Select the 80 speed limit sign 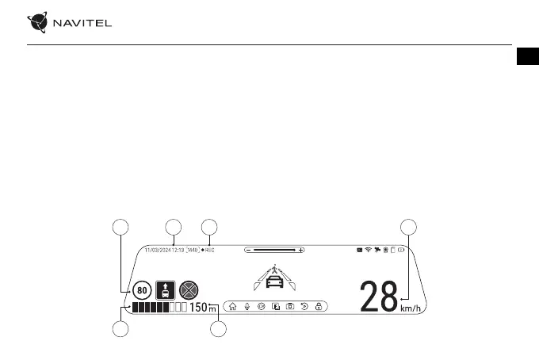143,290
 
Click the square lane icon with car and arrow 166,290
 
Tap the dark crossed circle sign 188,290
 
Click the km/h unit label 411,309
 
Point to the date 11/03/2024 158,250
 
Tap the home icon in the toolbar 232,306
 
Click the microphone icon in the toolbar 247,306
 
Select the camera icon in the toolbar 290,306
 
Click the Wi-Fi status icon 368,250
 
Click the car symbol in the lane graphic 273,283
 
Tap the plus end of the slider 301,250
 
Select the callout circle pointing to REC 209,227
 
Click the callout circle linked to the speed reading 409,227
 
